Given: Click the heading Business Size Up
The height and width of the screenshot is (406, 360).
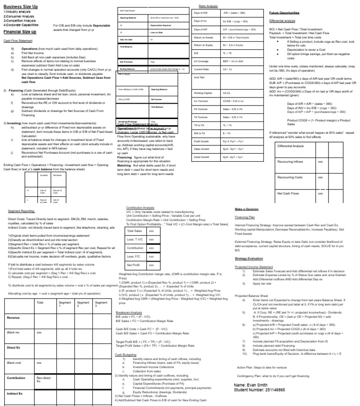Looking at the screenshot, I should click(x=21, y=7).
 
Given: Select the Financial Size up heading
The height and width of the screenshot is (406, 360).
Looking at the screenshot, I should click(x=20, y=32).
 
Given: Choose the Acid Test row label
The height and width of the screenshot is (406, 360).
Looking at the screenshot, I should click(x=199, y=77).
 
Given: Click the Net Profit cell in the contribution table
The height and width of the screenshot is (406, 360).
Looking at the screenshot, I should click(x=135, y=264).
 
